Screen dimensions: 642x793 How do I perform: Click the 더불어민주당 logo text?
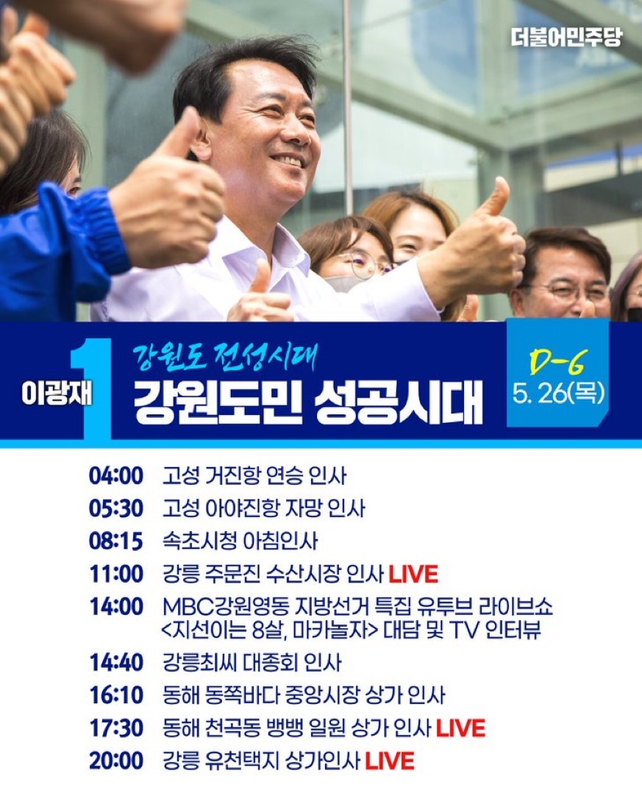[x=566, y=38]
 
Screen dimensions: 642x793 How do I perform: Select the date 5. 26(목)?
[x=558, y=393]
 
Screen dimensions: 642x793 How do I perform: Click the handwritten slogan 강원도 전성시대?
[x=225, y=357]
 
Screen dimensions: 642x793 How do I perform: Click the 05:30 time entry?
[x=116, y=508]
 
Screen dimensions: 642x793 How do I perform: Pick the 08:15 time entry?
[x=116, y=541]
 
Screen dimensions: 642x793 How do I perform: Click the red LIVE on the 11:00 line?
[x=413, y=574]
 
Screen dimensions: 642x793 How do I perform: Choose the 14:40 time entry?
[x=116, y=662]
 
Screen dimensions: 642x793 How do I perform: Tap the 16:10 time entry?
[x=116, y=695]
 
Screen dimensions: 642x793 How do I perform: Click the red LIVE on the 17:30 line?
[x=460, y=728]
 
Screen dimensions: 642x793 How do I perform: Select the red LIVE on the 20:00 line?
[x=390, y=761]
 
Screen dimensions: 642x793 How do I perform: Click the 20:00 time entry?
[x=116, y=761]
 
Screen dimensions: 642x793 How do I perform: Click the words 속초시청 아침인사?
[x=240, y=541]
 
